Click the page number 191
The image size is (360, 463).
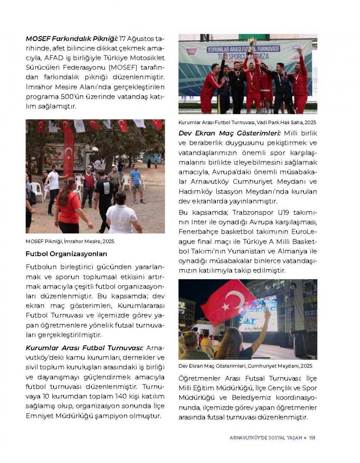312,438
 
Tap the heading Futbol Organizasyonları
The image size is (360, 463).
66,254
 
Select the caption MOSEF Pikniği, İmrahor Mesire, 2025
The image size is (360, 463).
70,241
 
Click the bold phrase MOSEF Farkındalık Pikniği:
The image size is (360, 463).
72,39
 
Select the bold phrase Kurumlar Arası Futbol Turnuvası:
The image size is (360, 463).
85,348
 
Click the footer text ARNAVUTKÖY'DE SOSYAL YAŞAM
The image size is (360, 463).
266,438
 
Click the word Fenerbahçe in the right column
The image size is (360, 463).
197,232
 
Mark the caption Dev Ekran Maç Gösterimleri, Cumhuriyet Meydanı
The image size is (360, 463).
245,366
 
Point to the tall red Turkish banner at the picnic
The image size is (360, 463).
68,151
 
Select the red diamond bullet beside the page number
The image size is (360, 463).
305,438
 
